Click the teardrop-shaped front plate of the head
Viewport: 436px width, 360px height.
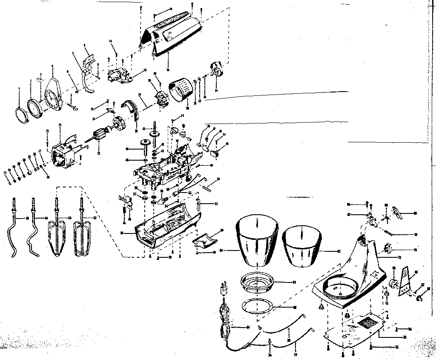(x=53, y=95)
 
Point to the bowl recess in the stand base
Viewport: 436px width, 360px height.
(x=338, y=287)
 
